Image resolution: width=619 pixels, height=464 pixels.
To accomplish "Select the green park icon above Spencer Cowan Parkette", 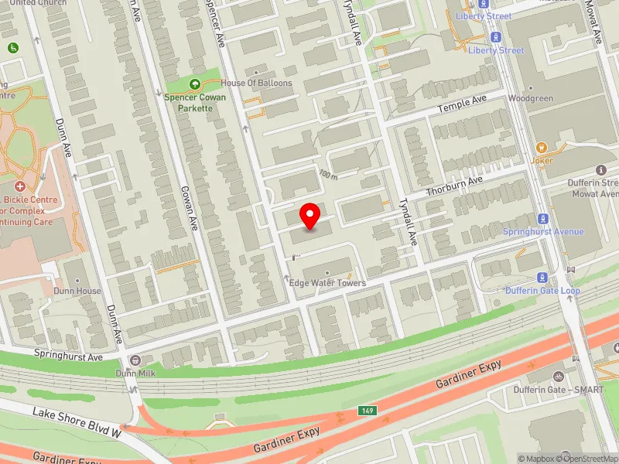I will (194, 84).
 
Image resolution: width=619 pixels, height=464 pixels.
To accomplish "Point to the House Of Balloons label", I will (256, 84).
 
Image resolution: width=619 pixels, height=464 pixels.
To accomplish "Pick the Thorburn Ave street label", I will (454, 185).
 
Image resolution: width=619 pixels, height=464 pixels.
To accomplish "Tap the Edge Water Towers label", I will (327, 284).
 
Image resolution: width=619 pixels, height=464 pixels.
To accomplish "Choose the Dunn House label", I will (77, 292).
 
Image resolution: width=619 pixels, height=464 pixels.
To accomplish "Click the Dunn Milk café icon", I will (135, 360).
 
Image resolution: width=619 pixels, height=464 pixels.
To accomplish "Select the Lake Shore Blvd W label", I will (77, 423).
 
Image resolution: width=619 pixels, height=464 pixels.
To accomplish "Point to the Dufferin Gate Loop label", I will (542, 291).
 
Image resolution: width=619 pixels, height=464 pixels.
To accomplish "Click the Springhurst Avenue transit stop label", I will (543, 232).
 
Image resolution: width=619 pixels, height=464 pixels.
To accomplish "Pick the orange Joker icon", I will (542, 146).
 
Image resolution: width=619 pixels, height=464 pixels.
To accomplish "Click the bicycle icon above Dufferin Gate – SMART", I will (559, 376).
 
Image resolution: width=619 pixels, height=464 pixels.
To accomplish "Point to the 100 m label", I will (328, 175).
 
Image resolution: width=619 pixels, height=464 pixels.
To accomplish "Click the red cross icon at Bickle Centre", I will (20, 187).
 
